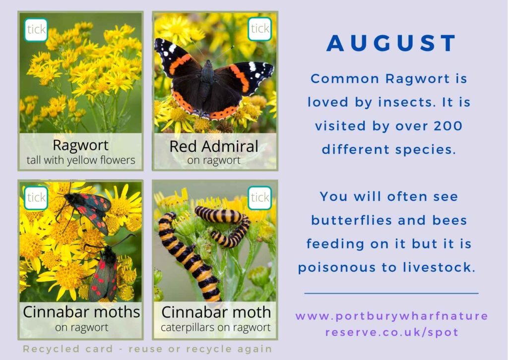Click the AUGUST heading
pyautogui.click(x=391, y=44)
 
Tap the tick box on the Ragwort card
pyautogui.click(x=36, y=30)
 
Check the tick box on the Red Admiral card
pyautogui.click(x=259, y=29)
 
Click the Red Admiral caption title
pyautogui.click(x=214, y=146)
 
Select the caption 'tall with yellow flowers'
pyautogui.click(x=80, y=160)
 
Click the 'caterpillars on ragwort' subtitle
pyautogui.click(x=216, y=327)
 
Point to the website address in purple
pyautogui.click(x=391, y=324)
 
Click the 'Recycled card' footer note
pyautogui.click(x=147, y=349)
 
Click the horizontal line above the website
pyautogui.click(x=391, y=293)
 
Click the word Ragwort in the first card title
pyautogui.click(x=80, y=146)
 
